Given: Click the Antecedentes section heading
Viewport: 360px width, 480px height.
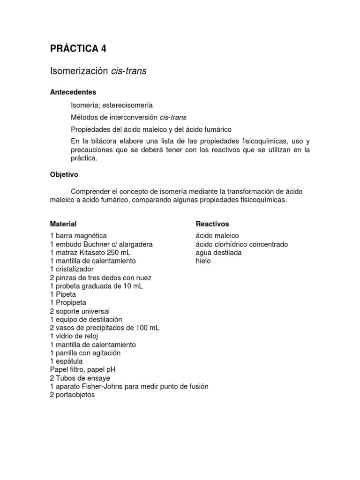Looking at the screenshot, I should [73, 92].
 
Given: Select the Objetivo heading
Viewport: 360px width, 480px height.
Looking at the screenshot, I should [64, 174].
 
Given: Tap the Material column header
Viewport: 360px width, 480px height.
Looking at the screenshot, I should [63, 224].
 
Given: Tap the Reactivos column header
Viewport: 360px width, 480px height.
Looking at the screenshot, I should [212, 224].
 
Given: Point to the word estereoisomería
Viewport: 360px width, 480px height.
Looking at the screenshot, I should [129, 105].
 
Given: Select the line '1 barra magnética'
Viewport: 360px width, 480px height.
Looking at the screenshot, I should [78, 236].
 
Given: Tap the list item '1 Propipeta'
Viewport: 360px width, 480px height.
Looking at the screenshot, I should [68, 303].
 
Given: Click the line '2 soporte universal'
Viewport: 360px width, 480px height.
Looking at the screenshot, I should [80, 311].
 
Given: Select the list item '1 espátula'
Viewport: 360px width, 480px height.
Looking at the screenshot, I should [66, 361].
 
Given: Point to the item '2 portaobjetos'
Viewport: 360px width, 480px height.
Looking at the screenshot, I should [72, 395].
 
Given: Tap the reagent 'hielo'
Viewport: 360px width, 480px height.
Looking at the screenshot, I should [203, 261].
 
